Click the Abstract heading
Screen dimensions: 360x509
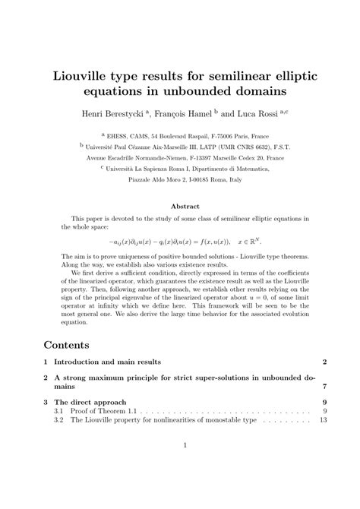pyautogui.click(x=185, y=206)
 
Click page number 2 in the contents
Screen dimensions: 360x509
pyautogui.click(x=324, y=361)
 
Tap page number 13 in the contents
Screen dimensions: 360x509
pyautogui.click(x=322, y=420)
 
